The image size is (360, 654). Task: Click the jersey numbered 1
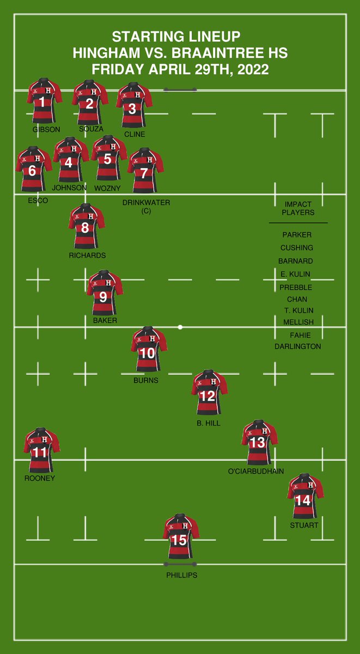coord(44,101)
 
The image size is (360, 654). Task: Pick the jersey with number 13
coord(259,441)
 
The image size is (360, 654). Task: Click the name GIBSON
coord(46,130)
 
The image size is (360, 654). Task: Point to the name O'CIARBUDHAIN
coord(256,471)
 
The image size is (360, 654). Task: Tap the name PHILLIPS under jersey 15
coord(182,575)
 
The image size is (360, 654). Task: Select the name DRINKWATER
coord(146,203)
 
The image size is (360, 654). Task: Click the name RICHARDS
coord(87,255)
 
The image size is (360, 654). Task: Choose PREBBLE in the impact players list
coord(296,287)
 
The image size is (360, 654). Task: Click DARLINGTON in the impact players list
coord(298,347)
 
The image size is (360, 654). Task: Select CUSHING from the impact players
coord(297,248)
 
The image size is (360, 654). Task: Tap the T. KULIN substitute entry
coord(299,311)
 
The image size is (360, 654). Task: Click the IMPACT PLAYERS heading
coord(298,208)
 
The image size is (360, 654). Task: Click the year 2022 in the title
coord(254,70)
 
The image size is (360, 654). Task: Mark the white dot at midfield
coord(180,327)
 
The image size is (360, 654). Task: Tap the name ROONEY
coord(40,479)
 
